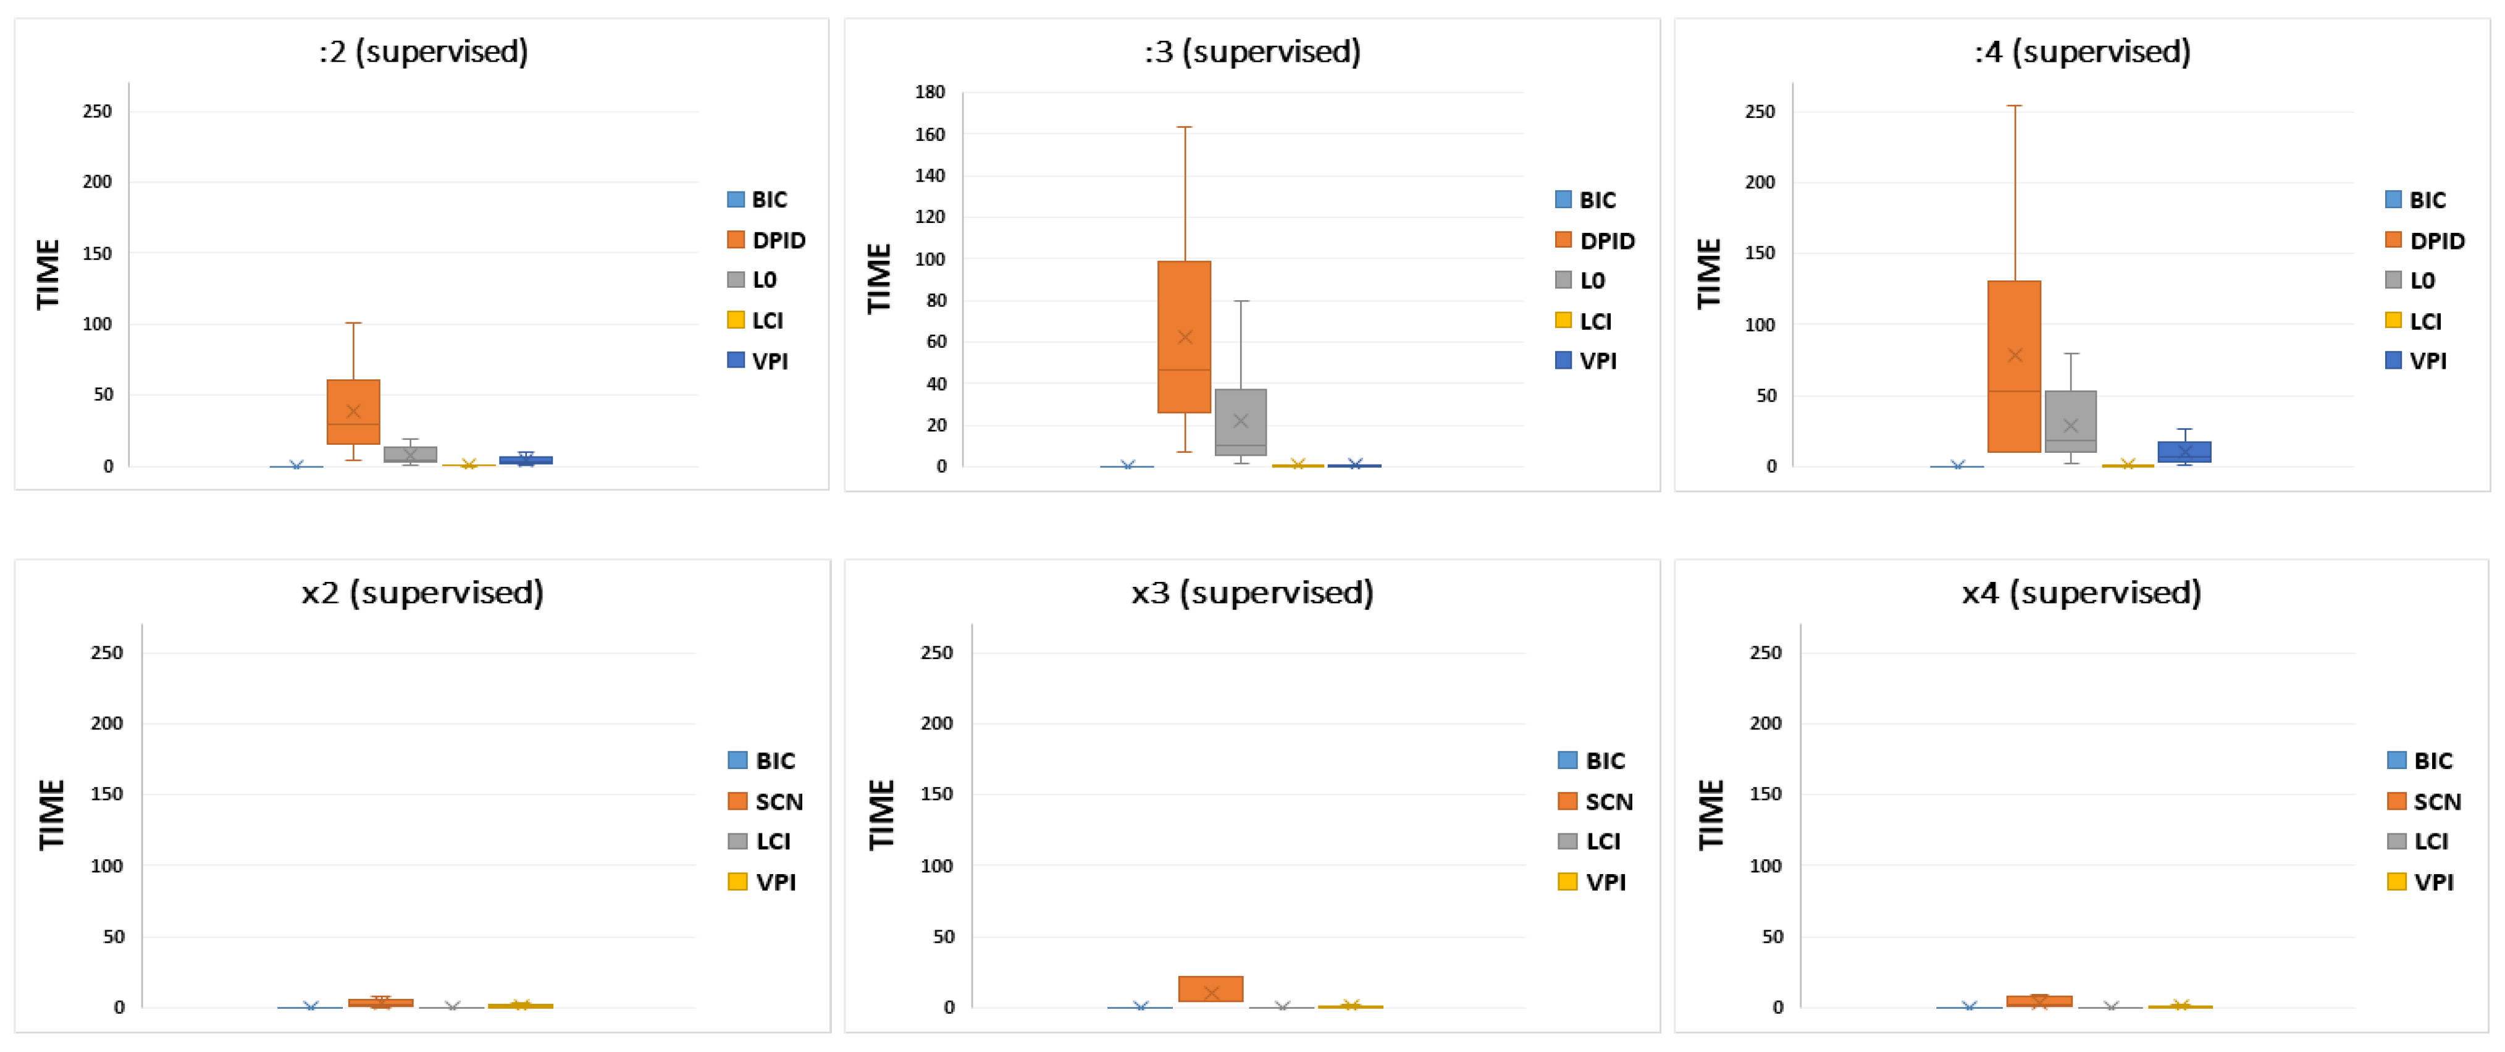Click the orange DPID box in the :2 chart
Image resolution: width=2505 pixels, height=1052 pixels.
(353, 411)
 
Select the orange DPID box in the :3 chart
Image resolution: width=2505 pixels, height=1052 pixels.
(1183, 337)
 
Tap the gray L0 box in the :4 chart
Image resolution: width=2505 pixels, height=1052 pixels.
(2070, 421)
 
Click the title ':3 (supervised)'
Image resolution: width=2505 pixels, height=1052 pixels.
(1251, 51)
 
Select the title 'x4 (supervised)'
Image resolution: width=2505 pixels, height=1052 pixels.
(2081, 592)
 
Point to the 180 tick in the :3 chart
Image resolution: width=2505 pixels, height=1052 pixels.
(929, 93)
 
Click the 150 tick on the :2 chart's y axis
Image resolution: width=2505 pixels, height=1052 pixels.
(97, 253)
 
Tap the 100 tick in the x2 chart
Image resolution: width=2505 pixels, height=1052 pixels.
(107, 865)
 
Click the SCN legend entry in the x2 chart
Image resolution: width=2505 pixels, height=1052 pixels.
(766, 801)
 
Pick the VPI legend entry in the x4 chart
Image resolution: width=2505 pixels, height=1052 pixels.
(2422, 882)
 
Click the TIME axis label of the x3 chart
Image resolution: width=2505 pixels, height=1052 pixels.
(881, 815)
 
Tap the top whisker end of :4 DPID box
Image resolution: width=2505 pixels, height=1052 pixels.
(2015, 106)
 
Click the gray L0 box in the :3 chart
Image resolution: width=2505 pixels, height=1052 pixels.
(1241, 421)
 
